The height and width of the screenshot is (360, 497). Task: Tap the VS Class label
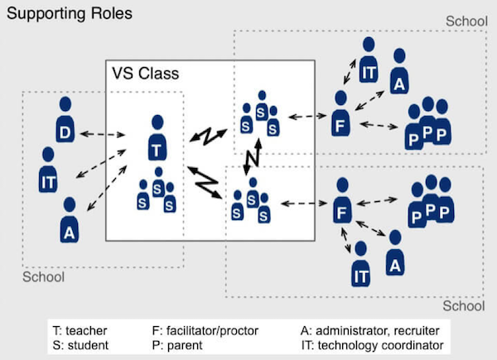[x=145, y=74]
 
